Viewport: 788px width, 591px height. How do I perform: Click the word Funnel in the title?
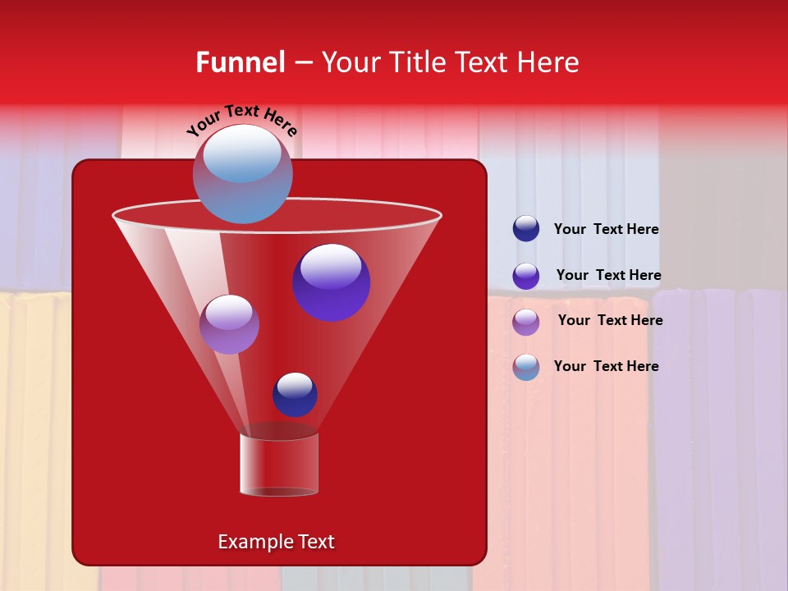click(x=241, y=62)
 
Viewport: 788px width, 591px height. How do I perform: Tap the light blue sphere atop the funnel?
click(x=243, y=174)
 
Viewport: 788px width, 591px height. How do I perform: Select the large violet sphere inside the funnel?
click(x=332, y=282)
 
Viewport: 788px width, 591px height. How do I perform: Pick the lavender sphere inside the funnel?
click(x=229, y=324)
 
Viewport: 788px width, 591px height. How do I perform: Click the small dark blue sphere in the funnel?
click(x=295, y=395)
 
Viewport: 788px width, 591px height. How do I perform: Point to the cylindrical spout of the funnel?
click(x=279, y=465)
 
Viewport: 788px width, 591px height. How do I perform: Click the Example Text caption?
click(x=277, y=542)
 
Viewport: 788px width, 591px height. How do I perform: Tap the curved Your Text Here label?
click(x=241, y=120)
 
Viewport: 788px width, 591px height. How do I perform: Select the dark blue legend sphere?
click(x=526, y=229)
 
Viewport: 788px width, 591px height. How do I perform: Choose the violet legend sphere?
click(x=526, y=276)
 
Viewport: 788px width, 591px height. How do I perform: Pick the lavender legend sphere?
click(x=526, y=322)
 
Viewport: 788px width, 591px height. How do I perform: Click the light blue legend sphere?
click(x=526, y=367)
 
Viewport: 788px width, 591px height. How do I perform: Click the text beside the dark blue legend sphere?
click(x=606, y=230)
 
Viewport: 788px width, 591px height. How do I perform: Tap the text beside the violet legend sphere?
click(x=608, y=276)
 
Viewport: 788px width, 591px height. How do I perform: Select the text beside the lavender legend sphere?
click(x=610, y=321)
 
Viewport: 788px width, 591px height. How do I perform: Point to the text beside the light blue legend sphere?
click(x=606, y=366)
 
